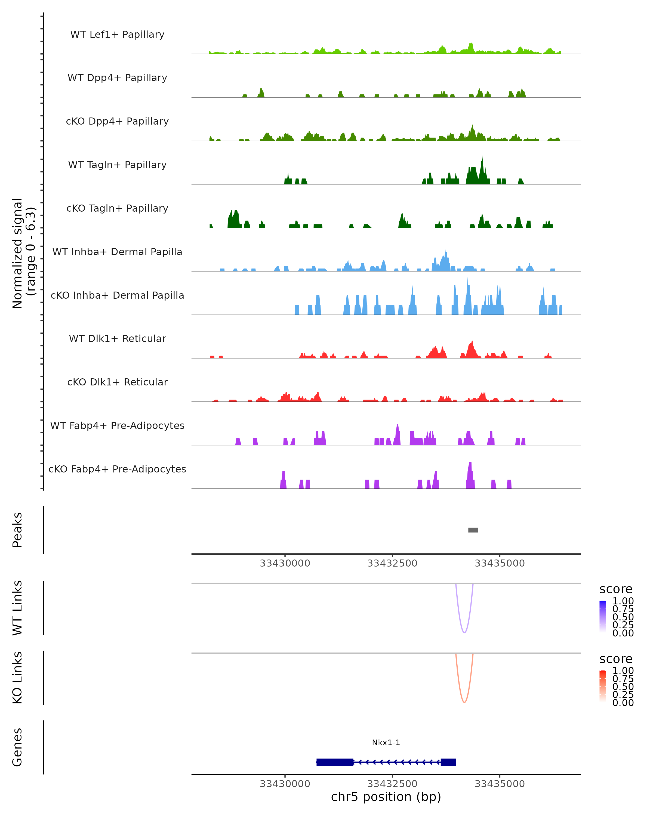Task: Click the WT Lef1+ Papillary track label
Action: click(117, 35)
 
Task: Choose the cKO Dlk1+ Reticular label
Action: click(117, 382)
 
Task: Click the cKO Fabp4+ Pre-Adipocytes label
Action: click(117, 469)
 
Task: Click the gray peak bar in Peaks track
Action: click(473, 530)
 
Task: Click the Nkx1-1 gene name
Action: click(386, 743)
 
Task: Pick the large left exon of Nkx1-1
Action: click(335, 762)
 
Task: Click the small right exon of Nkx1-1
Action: click(448, 762)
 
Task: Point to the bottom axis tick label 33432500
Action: click(392, 784)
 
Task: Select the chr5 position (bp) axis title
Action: click(386, 797)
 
